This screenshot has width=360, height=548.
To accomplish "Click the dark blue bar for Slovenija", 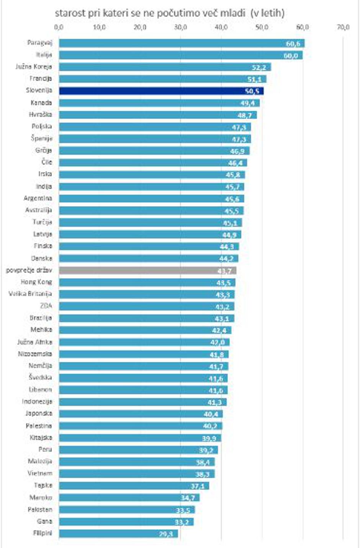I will [161, 91].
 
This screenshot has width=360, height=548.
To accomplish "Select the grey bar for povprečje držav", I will [147, 271].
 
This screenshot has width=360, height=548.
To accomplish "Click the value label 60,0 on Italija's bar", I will [291, 56].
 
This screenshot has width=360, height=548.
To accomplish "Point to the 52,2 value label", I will [259, 68].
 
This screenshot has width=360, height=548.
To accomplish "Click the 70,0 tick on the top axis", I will [343, 28].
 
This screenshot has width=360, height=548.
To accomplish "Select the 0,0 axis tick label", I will [59, 28].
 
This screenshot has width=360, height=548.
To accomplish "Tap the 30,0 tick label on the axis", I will [181, 28].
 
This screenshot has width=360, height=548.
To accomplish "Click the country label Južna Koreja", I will [34, 67].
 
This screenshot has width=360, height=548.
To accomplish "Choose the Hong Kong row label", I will [36, 282].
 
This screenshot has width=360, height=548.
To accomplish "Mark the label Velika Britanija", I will [30, 294].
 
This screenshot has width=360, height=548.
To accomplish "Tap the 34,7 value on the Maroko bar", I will [188, 498].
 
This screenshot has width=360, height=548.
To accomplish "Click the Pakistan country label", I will [40, 509].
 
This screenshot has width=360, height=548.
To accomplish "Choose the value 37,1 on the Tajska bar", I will [198, 486].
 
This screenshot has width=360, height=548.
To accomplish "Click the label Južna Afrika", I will [35, 342].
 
